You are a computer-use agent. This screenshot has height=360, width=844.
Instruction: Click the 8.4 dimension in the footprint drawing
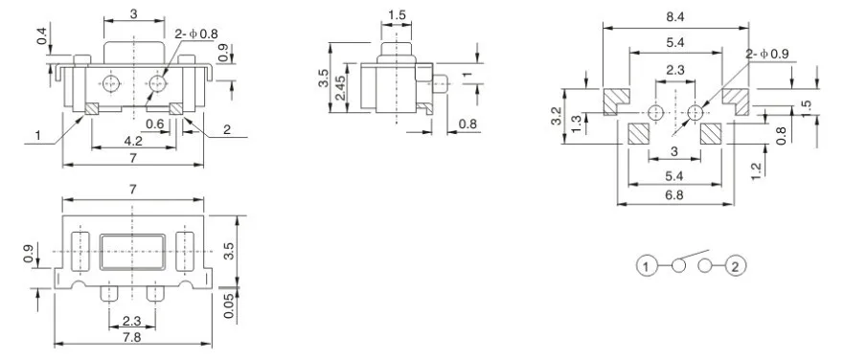[674, 16]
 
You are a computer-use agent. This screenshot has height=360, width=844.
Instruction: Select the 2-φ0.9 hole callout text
[767, 54]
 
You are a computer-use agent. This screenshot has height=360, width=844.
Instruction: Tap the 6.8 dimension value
[674, 195]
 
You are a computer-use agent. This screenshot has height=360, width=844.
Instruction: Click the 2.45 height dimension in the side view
[340, 88]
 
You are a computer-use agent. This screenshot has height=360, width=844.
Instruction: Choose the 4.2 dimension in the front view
[133, 141]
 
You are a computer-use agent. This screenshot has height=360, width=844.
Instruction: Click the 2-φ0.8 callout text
[196, 34]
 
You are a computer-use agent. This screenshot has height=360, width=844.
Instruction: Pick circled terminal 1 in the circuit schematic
[647, 265]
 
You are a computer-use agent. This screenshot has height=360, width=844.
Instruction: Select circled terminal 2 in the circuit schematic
[737, 265]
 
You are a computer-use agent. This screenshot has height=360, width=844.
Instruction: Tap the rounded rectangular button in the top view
[132, 251]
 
